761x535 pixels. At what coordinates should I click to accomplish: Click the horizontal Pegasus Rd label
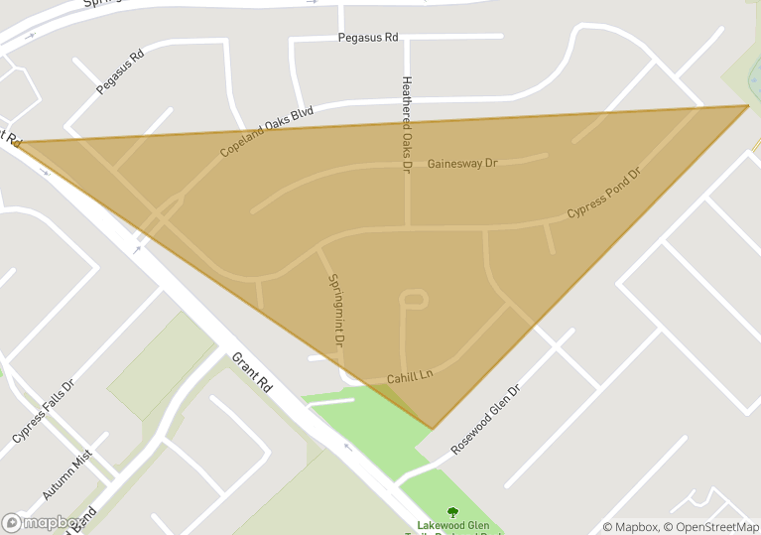click(368, 37)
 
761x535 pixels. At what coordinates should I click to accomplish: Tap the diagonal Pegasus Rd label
click(120, 71)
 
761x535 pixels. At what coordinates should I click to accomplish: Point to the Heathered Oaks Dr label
click(405, 125)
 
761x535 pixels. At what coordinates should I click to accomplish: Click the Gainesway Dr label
click(461, 163)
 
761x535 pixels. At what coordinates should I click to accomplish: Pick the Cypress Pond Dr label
click(603, 194)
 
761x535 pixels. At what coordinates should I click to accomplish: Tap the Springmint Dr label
click(335, 309)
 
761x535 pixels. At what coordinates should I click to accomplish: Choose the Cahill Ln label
click(411, 377)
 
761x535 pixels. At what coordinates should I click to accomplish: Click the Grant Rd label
click(252, 370)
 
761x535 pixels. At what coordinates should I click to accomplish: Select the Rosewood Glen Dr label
click(485, 420)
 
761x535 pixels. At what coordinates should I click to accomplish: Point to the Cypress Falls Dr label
click(43, 411)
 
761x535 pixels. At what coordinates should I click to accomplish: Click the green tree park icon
click(452, 512)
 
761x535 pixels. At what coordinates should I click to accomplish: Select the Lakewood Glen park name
click(452, 526)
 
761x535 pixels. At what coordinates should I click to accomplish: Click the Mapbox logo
click(42, 522)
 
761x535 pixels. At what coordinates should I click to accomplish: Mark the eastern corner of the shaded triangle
click(748, 105)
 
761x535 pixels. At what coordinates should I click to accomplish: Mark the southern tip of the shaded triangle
click(432, 429)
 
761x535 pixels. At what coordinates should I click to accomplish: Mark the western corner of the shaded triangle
click(18, 142)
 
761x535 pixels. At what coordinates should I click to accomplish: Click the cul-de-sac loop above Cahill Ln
click(414, 298)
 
